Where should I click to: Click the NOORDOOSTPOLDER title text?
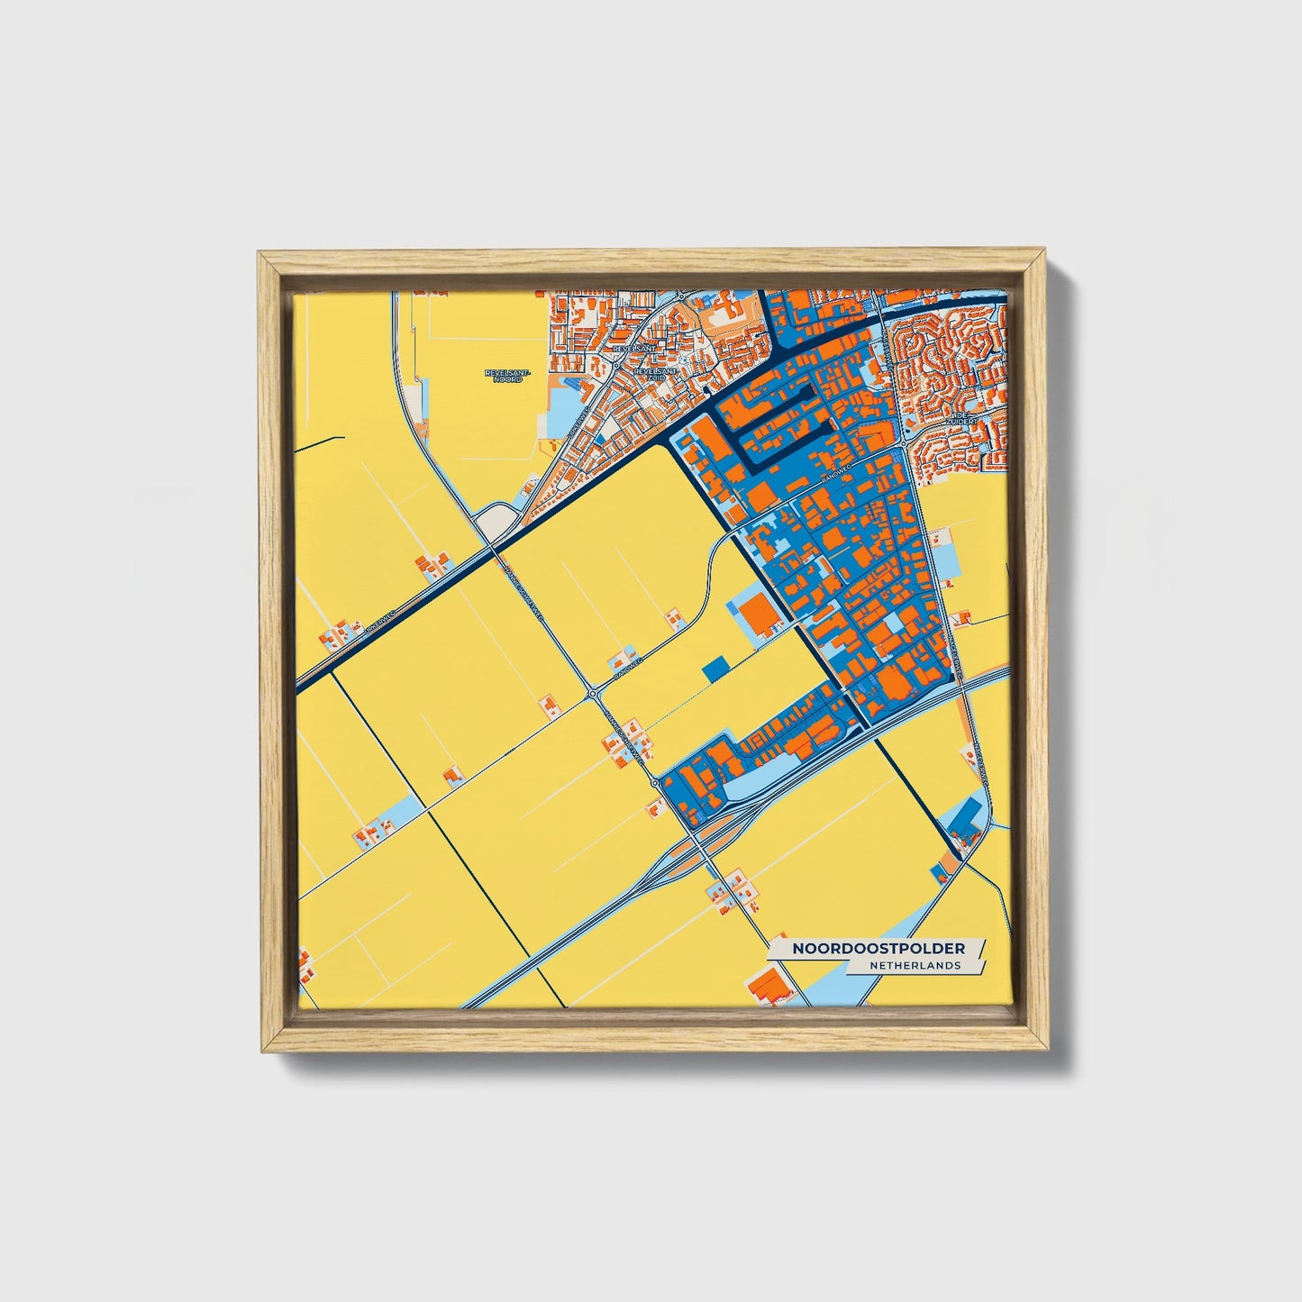pos(879,949)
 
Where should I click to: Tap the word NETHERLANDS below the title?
pos(915,965)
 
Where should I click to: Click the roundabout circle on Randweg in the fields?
pos(594,693)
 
